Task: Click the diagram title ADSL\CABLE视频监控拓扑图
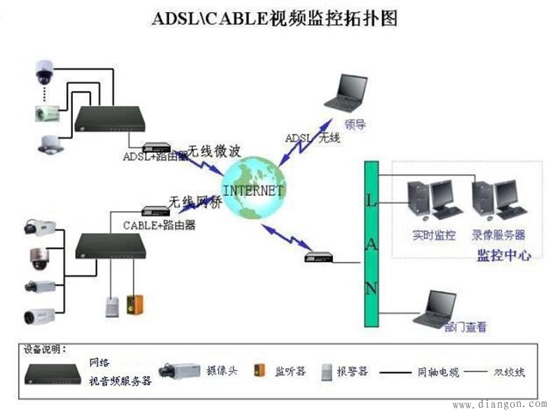tap(275, 19)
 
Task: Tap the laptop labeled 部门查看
tap(435, 309)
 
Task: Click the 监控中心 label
tap(503, 255)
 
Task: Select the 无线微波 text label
tap(212, 151)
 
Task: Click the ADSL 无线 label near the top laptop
tap(312, 138)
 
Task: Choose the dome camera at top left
tap(43, 69)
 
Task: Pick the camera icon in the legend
tap(180, 370)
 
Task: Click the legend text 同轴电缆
tap(438, 373)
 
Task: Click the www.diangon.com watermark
tap(499, 404)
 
